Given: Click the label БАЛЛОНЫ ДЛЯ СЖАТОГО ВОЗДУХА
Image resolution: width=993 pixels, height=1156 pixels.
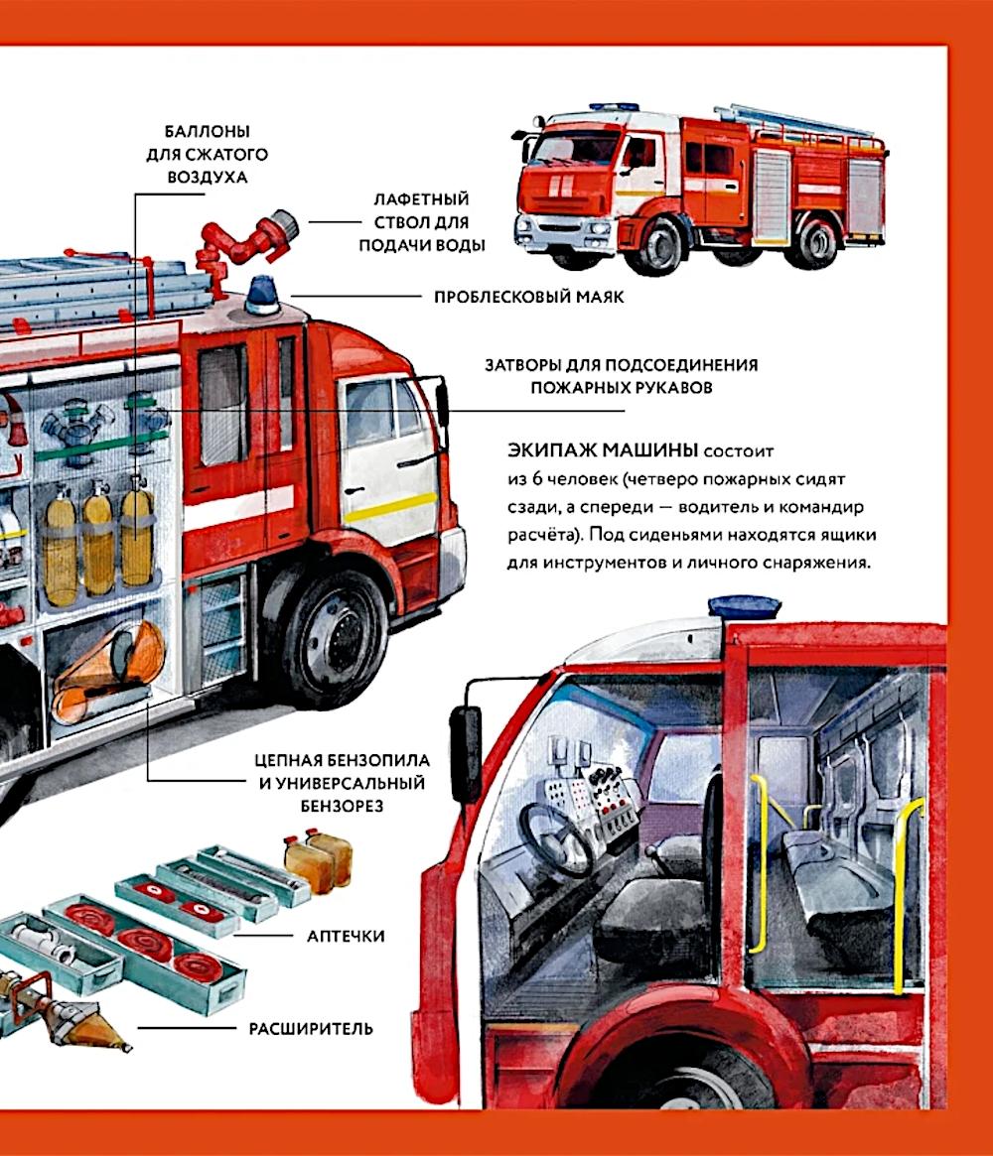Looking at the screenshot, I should (x=207, y=154).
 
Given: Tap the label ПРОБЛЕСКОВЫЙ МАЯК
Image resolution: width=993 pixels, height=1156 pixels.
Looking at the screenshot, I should (x=529, y=297).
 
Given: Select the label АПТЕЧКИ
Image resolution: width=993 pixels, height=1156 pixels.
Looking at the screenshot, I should (x=346, y=936).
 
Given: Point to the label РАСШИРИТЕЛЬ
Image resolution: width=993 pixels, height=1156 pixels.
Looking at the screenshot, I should (x=311, y=1028).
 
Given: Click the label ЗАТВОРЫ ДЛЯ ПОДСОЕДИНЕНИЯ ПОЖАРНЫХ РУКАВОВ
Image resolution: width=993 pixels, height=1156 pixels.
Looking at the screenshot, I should (x=621, y=376).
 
